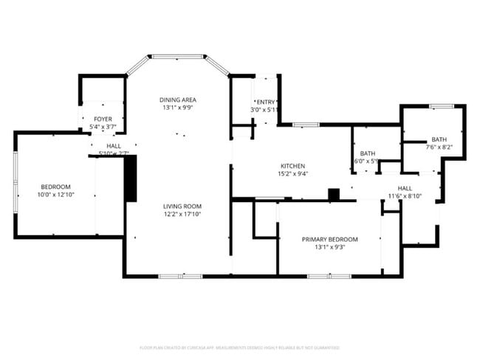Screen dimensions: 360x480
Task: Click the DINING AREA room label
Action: point(178,100)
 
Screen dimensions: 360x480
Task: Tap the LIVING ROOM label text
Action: point(182,206)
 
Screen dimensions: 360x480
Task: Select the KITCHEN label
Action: point(292,166)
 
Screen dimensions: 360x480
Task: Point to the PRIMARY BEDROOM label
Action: point(329,239)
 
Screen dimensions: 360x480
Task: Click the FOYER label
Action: point(103,119)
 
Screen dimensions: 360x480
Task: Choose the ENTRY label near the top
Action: point(265,102)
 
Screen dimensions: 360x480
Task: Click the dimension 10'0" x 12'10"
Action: point(55,195)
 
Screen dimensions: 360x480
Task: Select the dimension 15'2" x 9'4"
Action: point(292,174)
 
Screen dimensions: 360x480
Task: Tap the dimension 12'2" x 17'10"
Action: point(182,214)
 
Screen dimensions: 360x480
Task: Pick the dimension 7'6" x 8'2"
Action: point(439,147)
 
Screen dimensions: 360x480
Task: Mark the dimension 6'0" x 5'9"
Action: point(366,161)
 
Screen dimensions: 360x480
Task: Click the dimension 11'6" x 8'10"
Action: point(405,196)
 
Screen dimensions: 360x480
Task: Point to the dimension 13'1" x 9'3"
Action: point(329,247)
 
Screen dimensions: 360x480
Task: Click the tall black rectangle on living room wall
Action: point(131,178)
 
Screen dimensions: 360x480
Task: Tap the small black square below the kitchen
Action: point(334,195)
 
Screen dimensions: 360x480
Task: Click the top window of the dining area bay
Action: point(177,55)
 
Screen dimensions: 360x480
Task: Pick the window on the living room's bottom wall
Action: point(180,276)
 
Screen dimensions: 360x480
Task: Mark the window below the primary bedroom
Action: point(329,276)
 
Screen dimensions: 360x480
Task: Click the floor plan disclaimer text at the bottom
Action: point(240,347)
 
